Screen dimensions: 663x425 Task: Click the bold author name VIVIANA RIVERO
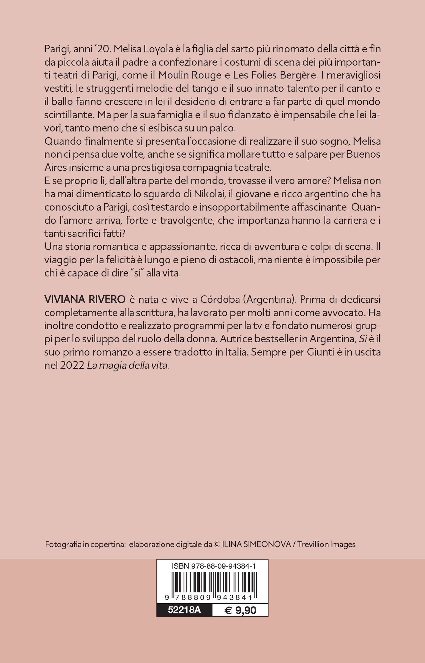[85, 299]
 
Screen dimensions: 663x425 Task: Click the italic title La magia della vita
[127, 366]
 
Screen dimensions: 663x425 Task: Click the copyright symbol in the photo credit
[216, 544]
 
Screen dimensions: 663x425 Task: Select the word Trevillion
[313, 544]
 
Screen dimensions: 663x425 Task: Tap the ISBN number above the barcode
[213, 566]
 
